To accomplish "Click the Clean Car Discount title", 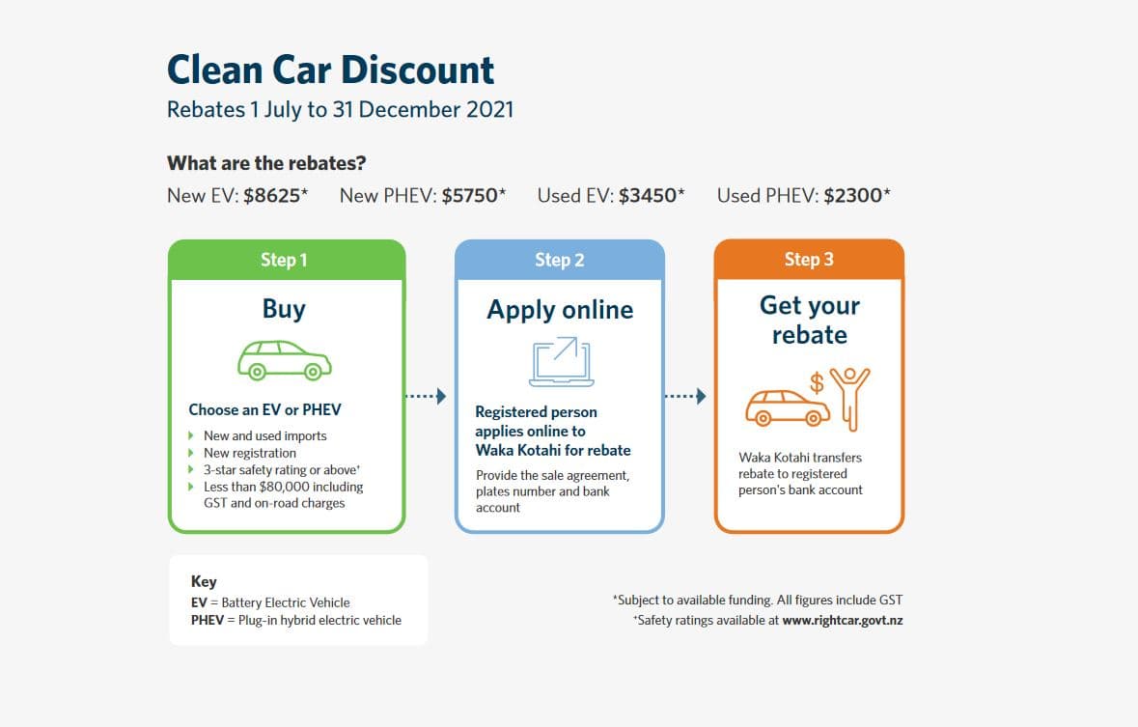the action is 330,70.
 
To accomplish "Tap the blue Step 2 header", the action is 560,260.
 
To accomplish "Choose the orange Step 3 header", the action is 809,260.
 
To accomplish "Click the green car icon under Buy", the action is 285,360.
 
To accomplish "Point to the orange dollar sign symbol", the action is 817,382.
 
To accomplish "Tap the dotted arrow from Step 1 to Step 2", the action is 426,396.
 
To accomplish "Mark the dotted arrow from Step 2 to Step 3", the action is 685,396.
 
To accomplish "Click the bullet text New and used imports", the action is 264,435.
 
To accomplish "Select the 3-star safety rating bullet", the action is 282,470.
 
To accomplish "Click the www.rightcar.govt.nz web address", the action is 843,620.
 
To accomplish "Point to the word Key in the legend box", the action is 204,581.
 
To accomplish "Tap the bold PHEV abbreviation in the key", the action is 208,620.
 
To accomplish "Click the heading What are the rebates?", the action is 266,163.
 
